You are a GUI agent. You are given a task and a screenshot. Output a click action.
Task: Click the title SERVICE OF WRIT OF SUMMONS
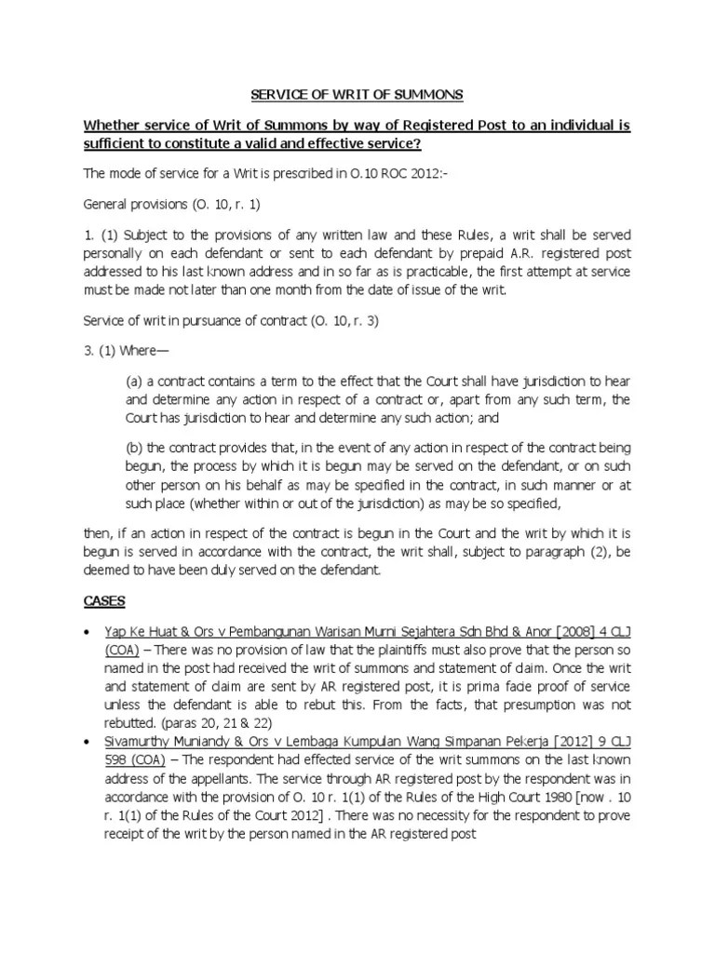coord(357,95)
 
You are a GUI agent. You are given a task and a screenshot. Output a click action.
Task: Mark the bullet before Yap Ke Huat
coord(88,631)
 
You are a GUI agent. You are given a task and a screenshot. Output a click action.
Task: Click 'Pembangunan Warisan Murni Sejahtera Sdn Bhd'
coord(350,631)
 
